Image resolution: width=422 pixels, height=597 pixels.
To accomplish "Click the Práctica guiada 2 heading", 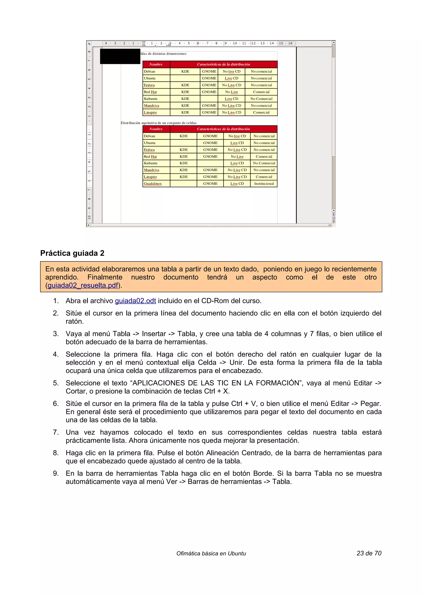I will pos(72,253).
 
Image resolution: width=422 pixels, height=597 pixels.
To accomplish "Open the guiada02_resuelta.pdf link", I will pos(83,285).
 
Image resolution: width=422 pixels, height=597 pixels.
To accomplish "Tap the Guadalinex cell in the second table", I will pos(153,184).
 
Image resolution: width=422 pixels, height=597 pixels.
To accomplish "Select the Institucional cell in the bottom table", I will pos(264,184).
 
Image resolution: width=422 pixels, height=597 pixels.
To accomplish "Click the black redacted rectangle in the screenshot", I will pos(120,56).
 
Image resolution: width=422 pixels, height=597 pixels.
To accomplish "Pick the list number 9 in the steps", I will pos(56,473).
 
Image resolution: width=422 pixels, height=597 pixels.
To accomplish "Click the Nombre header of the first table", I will pos(156,64).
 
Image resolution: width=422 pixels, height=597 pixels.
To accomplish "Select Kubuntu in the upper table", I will pos(151,99).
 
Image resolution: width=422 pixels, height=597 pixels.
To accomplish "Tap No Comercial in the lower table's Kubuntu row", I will pos(264,163).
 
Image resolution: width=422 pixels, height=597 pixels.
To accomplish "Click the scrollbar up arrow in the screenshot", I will pos(334,42).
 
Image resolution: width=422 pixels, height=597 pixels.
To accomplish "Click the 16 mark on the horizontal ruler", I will pos(290,43).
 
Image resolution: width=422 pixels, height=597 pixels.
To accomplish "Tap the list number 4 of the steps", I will pos(56,354).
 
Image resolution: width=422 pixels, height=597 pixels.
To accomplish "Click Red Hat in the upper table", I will pos(150,92).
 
